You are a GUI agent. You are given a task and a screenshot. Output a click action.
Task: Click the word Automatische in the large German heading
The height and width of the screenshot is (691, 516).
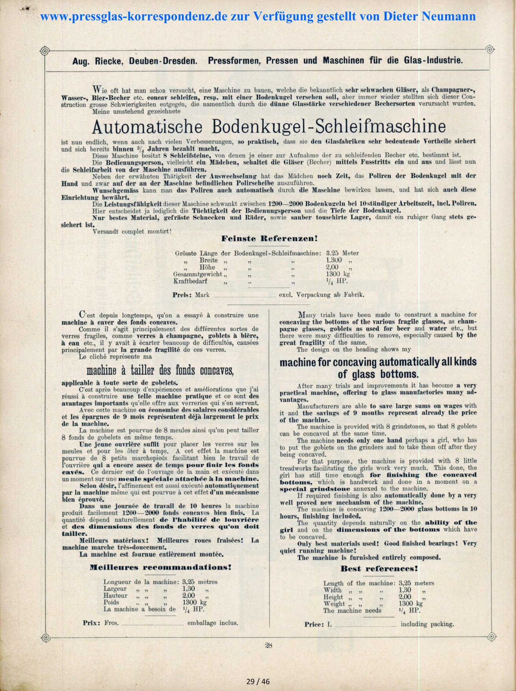pyautogui.click(x=148, y=126)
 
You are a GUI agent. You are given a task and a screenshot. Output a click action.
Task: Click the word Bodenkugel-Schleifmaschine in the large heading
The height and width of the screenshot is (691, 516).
pyautogui.click(x=329, y=126)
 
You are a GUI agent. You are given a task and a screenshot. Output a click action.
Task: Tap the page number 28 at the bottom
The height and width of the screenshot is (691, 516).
pyautogui.click(x=269, y=645)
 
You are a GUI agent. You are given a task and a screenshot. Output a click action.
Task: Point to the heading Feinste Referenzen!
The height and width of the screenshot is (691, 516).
pyautogui.click(x=269, y=238)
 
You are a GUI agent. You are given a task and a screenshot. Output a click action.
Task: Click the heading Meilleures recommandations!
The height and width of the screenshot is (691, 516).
pyautogui.click(x=160, y=567)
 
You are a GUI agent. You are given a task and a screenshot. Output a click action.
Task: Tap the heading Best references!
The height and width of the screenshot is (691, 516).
pyautogui.click(x=379, y=568)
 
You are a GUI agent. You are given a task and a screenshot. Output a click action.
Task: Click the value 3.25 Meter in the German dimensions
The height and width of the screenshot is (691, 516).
pyautogui.click(x=342, y=253)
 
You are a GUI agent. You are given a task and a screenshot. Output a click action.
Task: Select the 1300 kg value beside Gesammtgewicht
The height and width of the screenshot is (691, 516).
pyautogui.click(x=338, y=274)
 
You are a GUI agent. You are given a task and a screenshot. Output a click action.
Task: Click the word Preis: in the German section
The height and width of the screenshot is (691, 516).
pyautogui.click(x=182, y=295)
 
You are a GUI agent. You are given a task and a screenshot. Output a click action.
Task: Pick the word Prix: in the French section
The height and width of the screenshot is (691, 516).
pyautogui.click(x=91, y=623)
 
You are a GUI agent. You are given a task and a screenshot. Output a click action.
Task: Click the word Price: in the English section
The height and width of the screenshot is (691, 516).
pyautogui.click(x=314, y=624)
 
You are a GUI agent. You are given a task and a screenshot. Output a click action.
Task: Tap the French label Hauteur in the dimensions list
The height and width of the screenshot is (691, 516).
pyautogui.click(x=115, y=596)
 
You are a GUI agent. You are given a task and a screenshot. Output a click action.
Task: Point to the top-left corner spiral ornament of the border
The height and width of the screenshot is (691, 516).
pyautogui.click(x=45, y=51)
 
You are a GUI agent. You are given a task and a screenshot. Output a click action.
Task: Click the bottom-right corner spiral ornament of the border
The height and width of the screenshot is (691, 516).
pyautogui.click(x=491, y=637)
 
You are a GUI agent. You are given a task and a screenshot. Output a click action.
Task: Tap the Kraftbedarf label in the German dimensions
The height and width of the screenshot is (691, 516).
pyautogui.click(x=190, y=281)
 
